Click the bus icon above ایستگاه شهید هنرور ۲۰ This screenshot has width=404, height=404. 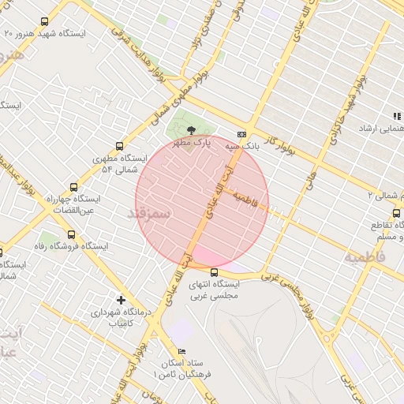click(43, 22)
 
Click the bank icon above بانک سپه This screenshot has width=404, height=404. click(241, 135)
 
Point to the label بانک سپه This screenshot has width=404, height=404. click(241, 147)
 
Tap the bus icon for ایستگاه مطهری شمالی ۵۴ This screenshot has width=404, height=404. click(119, 146)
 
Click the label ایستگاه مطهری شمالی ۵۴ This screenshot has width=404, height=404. click(115, 163)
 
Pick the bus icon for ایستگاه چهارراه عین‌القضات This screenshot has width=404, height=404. click(73, 188)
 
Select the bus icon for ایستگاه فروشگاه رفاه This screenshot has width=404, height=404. click(72, 234)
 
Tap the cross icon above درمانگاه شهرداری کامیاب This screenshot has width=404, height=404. click(121, 300)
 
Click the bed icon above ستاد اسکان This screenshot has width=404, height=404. click(183, 351)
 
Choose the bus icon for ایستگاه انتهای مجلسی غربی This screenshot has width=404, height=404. click(214, 272)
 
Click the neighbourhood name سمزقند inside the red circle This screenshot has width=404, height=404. click(148, 214)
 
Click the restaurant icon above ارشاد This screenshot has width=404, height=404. click(397, 116)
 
